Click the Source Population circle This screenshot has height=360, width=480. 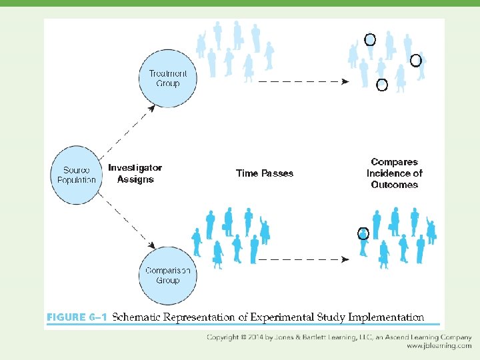[x=76, y=175]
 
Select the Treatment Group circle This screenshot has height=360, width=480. [x=167, y=79]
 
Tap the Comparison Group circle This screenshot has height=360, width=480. [x=167, y=275]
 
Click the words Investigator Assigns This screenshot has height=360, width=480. [x=135, y=173]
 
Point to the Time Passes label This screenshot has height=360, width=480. [x=265, y=173]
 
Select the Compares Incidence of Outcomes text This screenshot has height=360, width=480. [x=395, y=173]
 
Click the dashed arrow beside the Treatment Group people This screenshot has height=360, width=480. [x=303, y=81]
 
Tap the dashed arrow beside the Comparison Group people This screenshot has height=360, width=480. [x=303, y=259]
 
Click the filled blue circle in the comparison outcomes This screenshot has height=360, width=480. [x=363, y=233]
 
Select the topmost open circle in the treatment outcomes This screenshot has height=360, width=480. [x=370, y=40]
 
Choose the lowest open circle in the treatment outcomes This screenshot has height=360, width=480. [x=382, y=85]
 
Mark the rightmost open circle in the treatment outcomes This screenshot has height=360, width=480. [x=415, y=61]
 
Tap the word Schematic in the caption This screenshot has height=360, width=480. [x=139, y=317]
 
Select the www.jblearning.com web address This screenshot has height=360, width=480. [x=439, y=347]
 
